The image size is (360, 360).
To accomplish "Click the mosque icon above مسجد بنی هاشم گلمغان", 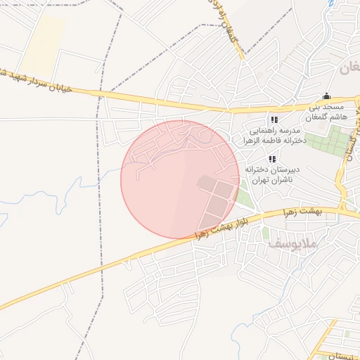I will click(x=326, y=97).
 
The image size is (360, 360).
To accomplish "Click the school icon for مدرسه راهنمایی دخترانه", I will click(x=274, y=120).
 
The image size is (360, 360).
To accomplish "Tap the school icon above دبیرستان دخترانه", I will click(x=272, y=160).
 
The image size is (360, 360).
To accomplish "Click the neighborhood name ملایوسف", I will click(x=293, y=244).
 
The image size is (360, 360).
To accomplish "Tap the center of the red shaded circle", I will click(x=180, y=179).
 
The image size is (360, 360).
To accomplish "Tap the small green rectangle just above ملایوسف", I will click(x=265, y=233).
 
